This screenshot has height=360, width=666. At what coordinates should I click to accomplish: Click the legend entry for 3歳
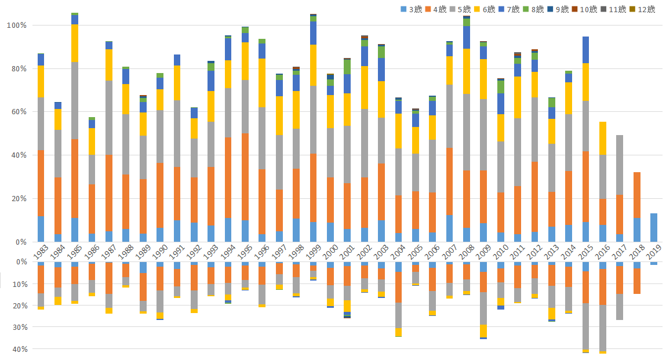coord(414,9)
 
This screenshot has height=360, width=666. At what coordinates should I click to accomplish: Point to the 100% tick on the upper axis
coord(17,26)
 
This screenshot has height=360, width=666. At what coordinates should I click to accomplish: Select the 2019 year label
coord(654,252)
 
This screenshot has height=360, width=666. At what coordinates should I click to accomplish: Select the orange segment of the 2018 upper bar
coord(637,195)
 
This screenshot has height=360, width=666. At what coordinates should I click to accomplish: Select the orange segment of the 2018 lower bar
coord(637,281)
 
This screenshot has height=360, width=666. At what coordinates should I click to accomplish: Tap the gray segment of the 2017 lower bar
coord(620,307)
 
